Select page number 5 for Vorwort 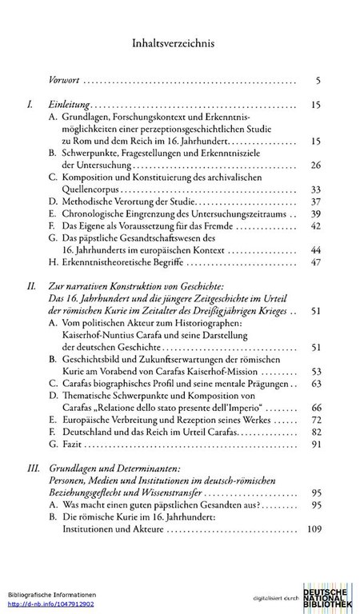tap(318, 81)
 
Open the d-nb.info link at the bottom tap(40, 604)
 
